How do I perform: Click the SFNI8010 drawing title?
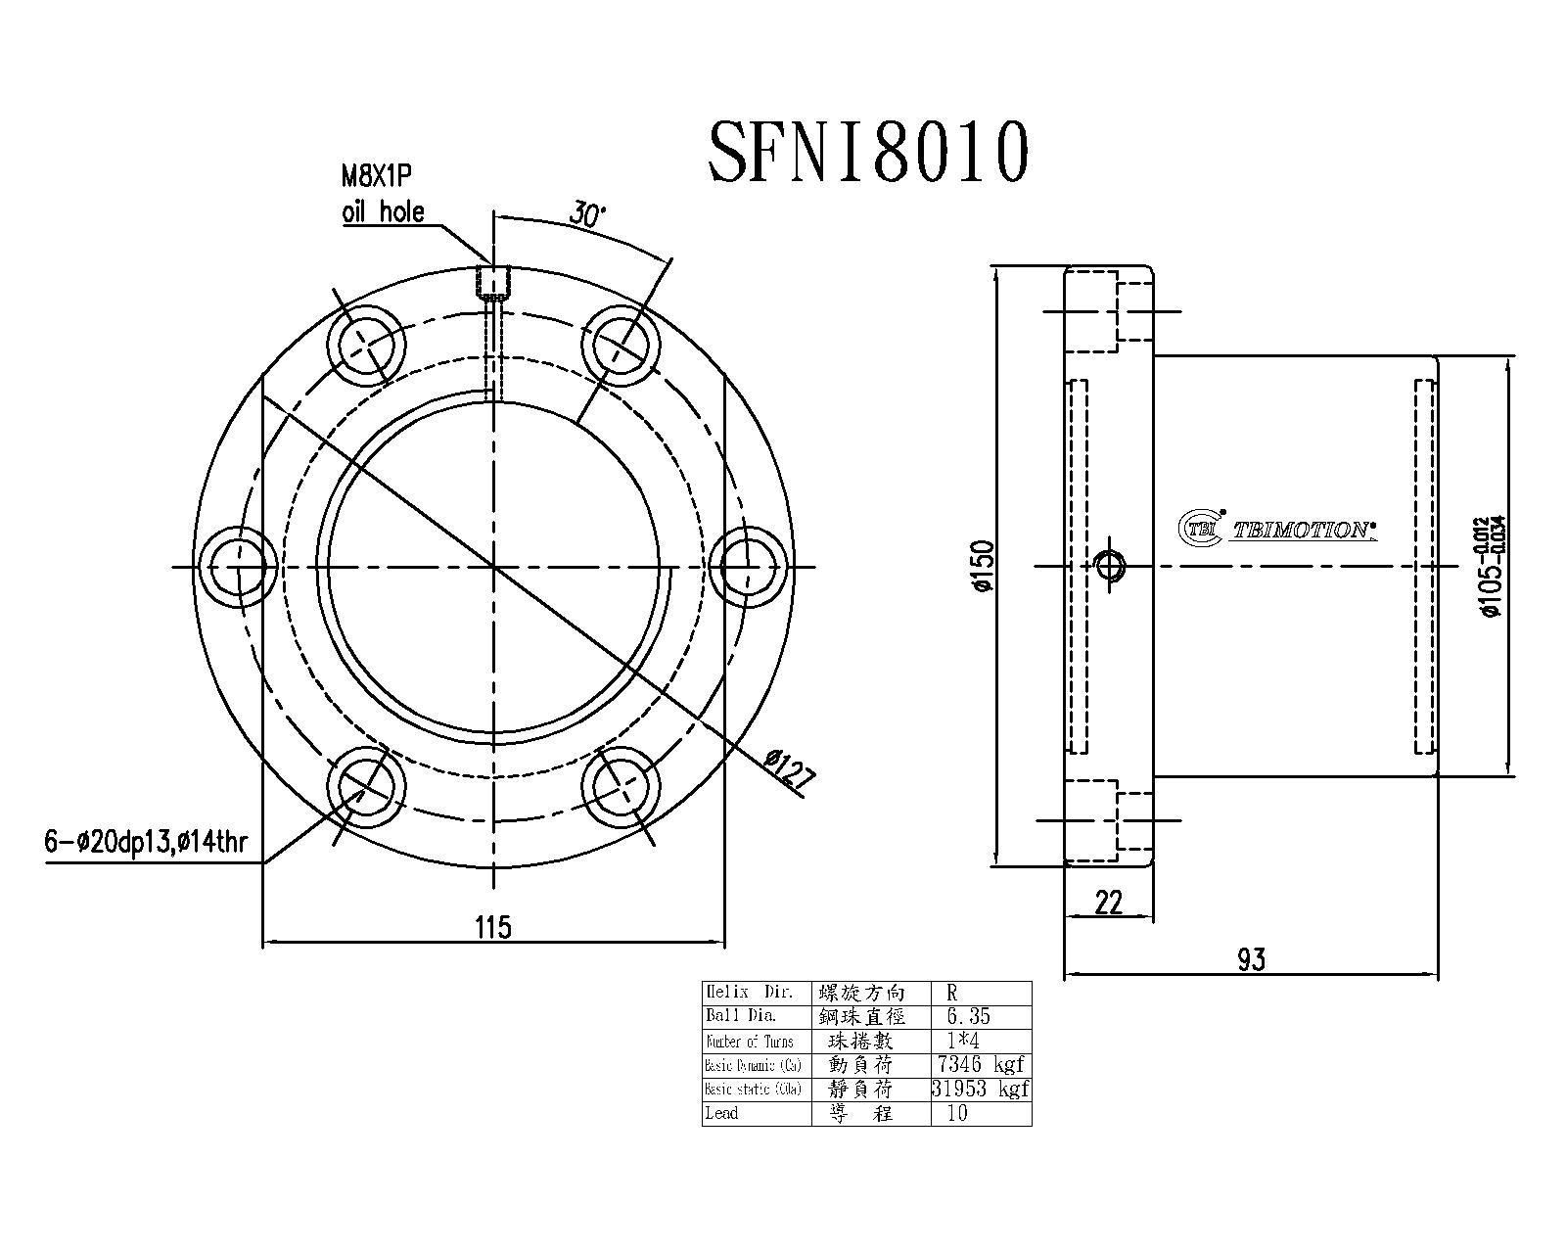[x=867, y=153]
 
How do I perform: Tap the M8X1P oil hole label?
[x=382, y=194]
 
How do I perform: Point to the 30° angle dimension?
[x=588, y=214]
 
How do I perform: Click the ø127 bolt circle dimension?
[x=789, y=770]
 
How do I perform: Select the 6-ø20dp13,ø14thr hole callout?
[x=145, y=841]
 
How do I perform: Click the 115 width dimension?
[x=493, y=925]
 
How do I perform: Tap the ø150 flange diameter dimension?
[x=983, y=566]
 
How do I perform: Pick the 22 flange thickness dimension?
[x=1108, y=903]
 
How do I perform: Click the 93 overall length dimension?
[x=1251, y=959]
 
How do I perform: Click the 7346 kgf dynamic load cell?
[x=980, y=1064]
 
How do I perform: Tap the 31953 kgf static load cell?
[x=980, y=1089]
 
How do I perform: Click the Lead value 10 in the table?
[x=956, y=1113]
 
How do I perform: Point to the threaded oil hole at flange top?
[x=493, y=282]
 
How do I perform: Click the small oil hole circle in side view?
[x=1110, y=566]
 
